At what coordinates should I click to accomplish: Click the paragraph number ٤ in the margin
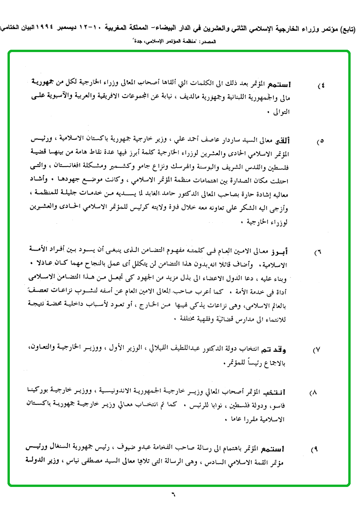(x=322, y=87)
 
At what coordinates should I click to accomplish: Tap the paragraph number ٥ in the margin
(x=321, y=141)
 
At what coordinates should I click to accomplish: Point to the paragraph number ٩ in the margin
(x=315, y=449)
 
